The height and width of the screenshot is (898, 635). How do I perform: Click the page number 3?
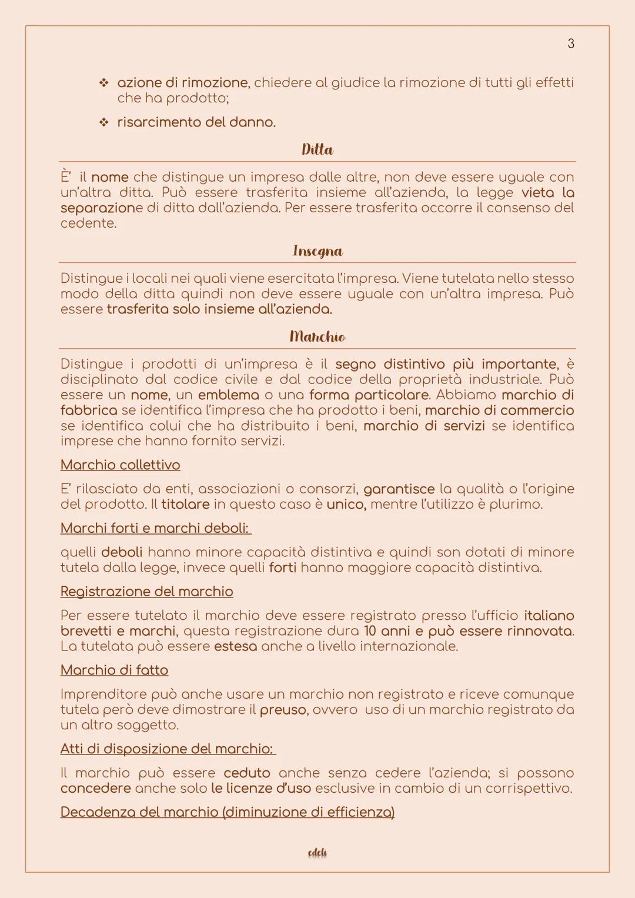click(570, 44)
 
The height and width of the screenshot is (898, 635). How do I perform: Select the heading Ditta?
click(317, 150)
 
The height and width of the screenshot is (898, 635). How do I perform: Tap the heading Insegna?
click(317, 252)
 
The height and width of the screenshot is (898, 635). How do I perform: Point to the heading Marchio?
click(317, 337)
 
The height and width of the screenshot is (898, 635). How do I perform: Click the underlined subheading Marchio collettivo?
click(120, 465)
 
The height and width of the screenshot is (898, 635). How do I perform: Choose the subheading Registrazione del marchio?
click(146, 592)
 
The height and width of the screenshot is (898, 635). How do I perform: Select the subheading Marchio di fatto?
click(114, 670)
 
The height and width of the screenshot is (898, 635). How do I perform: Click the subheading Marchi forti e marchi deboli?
click(155, 529)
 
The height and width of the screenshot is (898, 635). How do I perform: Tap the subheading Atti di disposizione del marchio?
click(167, 749)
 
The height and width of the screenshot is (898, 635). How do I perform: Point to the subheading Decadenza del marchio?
click(227, 812)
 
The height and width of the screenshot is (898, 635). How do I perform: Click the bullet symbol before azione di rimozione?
click(104, 83)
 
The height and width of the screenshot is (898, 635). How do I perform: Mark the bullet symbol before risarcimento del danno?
click(104, 122)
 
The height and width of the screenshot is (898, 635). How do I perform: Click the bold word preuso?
click(283, 710)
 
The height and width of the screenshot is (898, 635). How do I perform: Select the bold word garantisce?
click(399, 489)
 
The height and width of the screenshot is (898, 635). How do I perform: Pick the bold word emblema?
click(228, 395)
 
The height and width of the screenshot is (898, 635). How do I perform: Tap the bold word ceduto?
click(246, 773)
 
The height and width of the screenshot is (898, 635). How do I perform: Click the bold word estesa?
click(235, 647)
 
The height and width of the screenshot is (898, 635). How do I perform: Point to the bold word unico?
click(346, 505)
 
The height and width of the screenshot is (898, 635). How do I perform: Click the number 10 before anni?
click(370, 631)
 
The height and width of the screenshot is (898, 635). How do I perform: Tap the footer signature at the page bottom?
click(317, 853)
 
